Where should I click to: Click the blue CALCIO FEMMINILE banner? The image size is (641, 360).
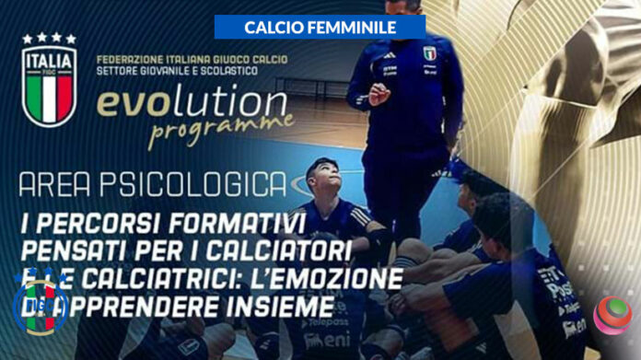[320, 28]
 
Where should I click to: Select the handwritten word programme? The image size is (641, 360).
[220, 129]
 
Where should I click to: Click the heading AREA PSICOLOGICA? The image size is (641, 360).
[152, 184]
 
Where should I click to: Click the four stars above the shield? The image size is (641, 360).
[49, 39]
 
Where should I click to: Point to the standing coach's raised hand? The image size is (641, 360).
[379, 93]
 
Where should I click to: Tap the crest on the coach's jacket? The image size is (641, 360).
[429, 52]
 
